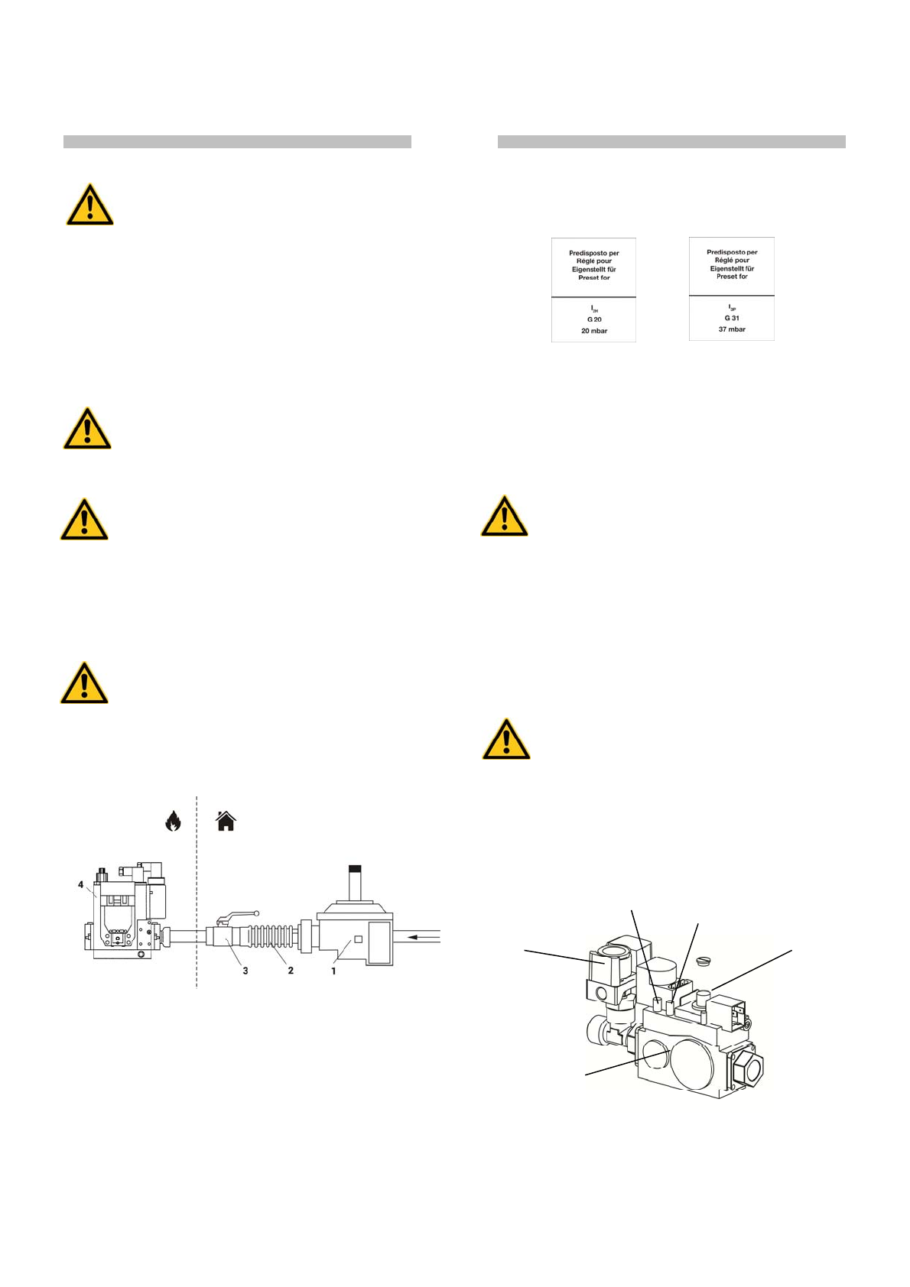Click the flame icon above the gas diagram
(174, 821)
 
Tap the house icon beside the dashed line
(226, 821)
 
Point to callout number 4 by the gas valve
(81, 884)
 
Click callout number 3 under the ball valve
(245, 971)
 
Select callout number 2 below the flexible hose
(291, 971)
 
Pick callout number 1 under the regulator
(333, 971)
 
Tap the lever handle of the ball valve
(239, 914)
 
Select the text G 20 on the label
(594, 319)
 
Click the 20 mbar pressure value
(594, 331)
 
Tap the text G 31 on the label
(732, 318)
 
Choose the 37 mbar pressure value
(732, 329)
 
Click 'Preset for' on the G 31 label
(732, 277)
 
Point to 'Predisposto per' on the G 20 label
(594, 253)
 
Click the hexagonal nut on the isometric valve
(743, 1065)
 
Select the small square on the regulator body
(357, 940)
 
